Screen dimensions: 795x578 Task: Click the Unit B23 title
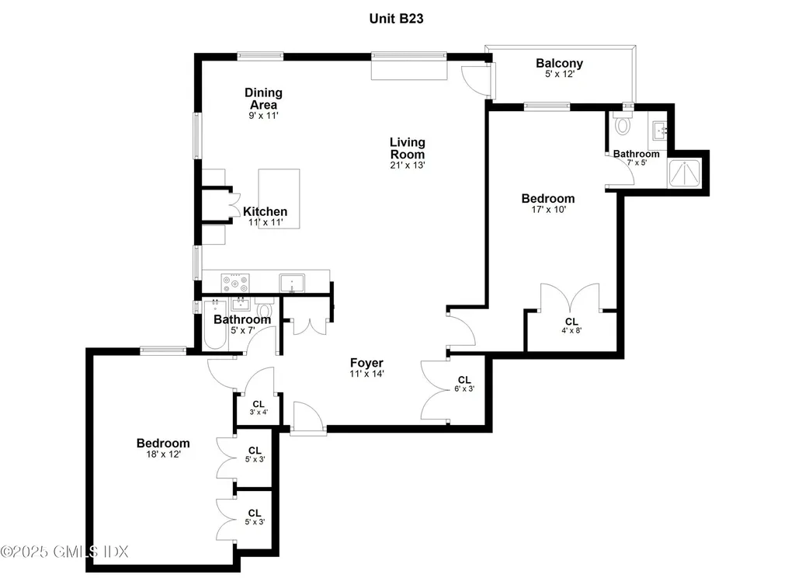point(396,19)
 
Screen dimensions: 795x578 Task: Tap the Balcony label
point(559,64)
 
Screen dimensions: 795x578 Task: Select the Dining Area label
point(264,99)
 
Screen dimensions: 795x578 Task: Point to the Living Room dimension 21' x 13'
point(408,165)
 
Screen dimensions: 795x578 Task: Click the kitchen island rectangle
point(279,199)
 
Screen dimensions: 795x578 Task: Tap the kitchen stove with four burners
point(235,283)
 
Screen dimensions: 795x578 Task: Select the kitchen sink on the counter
point(292,284)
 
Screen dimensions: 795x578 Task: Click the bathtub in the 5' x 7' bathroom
point(215,325)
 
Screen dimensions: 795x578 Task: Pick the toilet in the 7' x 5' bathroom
point(622,124)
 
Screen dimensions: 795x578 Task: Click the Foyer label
point(366,363)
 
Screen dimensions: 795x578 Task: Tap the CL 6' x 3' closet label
point(464,384)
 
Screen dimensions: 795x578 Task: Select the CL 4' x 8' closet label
point(571,326)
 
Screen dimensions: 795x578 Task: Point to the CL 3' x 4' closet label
point(259,408)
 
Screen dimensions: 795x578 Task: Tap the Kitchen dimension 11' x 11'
point(266,222)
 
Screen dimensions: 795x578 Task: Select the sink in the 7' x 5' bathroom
point(660,131)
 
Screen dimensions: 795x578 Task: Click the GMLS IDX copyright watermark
point(64,552)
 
